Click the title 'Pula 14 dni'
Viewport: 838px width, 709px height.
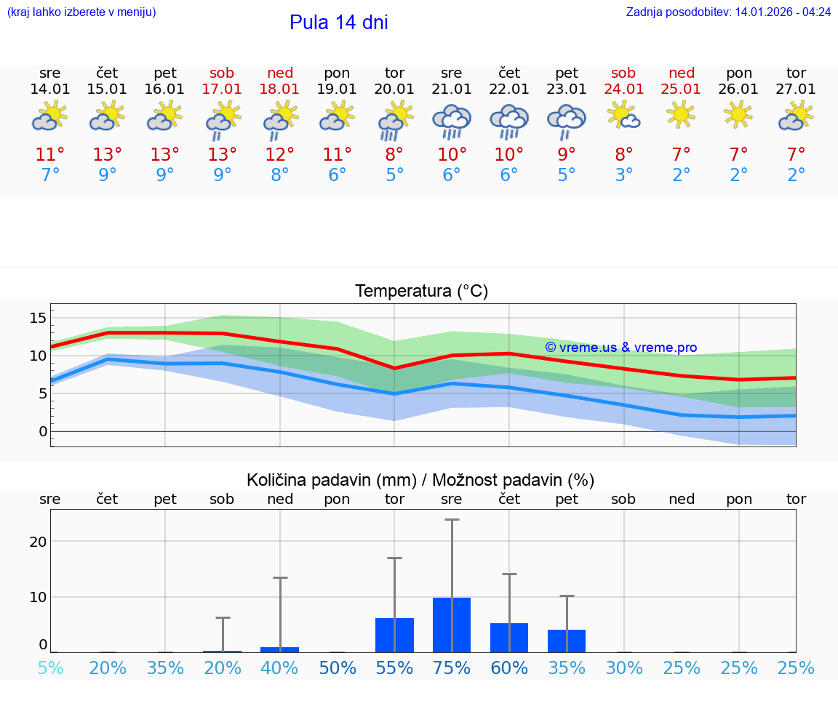coord(338,23)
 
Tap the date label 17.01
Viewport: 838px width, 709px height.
coord(222,89)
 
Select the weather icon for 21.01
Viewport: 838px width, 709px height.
coord(452,120)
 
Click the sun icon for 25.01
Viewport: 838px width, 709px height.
coord(682,114)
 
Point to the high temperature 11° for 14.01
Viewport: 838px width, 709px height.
coord(50,155)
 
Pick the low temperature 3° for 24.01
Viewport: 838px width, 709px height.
coord(624,175)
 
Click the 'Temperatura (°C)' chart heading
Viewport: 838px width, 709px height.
coord(421,292)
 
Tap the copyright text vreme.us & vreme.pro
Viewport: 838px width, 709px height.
coord(620,348)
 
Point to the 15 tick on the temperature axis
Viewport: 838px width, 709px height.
coord(38,318)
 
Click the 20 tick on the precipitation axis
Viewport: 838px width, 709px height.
coord(38,542)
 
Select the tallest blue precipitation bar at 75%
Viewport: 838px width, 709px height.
coord(452,625)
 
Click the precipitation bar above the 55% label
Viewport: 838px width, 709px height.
coord(394,635)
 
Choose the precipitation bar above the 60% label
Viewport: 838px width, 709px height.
coord(509,638)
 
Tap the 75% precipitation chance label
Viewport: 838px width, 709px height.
coord(452,668)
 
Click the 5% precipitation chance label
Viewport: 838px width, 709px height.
coord(50,668)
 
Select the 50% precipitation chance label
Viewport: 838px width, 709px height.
coord(337,668)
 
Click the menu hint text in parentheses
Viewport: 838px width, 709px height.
coord(81,12)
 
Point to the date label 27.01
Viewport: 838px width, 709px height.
coord(797,89)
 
